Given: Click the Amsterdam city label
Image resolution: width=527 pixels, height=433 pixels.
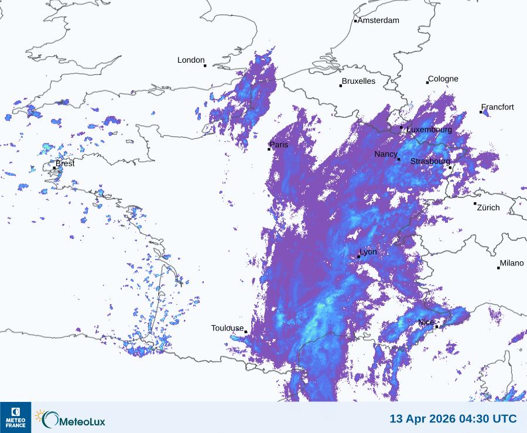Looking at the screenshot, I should pos(378,21).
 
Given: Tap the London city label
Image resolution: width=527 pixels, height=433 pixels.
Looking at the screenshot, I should pos(191,60).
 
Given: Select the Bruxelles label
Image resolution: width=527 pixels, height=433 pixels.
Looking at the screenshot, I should pos(358,81).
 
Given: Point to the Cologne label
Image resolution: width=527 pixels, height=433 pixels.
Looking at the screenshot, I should pos(443,79).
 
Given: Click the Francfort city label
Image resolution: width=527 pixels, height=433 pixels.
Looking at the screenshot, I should pos(498,107).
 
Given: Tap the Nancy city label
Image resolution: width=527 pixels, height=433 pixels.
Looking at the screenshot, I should pos(386,154).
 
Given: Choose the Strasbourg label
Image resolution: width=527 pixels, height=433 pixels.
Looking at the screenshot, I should pos(430,161).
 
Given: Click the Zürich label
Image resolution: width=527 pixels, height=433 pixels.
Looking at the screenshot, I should pos(488,207).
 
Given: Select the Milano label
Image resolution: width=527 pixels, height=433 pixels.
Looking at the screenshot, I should pos(512,264).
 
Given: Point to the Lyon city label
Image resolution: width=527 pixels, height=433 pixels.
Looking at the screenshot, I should pos(368,252).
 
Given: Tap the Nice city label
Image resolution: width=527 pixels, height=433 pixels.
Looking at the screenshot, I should pos(426,323).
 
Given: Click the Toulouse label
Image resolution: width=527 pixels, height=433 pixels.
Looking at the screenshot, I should pos(227,328).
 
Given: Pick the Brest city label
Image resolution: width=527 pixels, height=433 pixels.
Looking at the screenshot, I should pos(65,163).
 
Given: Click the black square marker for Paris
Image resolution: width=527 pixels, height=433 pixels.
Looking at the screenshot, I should pos(269,149).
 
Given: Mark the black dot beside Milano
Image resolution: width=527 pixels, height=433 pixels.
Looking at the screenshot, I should pos(498,268).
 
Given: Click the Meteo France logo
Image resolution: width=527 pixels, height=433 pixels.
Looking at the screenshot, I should pos(16,417).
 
